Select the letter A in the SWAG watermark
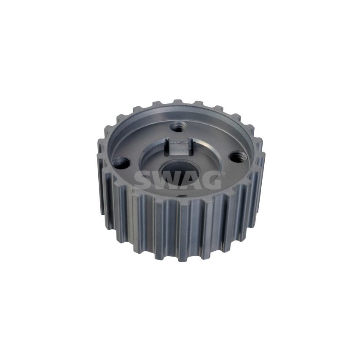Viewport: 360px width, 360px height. (189, 180)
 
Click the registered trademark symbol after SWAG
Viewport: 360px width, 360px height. (222, 172)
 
